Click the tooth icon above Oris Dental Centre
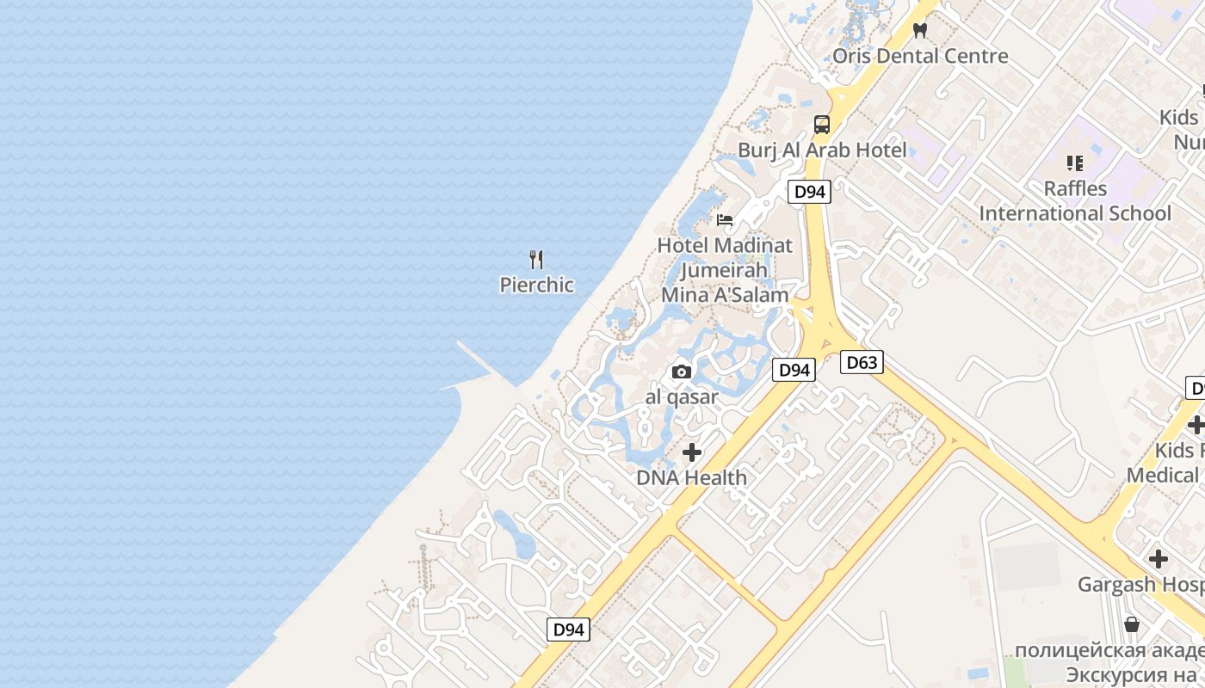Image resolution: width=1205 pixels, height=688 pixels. [x=920, y=30]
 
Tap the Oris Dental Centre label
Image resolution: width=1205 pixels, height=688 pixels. [x=920, y=56]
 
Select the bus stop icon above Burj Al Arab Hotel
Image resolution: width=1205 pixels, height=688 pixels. [x=822, y=125]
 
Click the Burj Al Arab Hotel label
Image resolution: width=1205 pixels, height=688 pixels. [x=822, y=150]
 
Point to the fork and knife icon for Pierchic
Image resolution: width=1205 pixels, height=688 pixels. [x=537, y=259]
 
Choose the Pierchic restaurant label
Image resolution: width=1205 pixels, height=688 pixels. [x=537, y=285]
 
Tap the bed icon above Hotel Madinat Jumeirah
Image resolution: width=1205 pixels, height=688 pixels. [x=725, y=220]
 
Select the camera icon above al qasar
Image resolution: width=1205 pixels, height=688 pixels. [x=682, y=372]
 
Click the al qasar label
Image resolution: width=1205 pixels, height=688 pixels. [x=682, y=397]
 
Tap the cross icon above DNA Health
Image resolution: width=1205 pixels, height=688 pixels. [x=692, y=452]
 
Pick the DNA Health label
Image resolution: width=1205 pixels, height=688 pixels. [x=692, y=477]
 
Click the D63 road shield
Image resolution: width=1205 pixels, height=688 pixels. [x=862, y=362]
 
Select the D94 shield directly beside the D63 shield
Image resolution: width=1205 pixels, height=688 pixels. [x=794, y=370]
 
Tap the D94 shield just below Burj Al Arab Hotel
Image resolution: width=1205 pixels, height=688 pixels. [x=809, y=192]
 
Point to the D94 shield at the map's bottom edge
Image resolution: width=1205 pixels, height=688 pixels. [x=568, y=630]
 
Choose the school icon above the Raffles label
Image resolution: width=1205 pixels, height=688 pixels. [x=1074, y=163]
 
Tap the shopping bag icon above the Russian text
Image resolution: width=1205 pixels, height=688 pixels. [x=1132, y=623]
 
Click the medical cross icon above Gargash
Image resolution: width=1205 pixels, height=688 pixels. [x=1159, y=559]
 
